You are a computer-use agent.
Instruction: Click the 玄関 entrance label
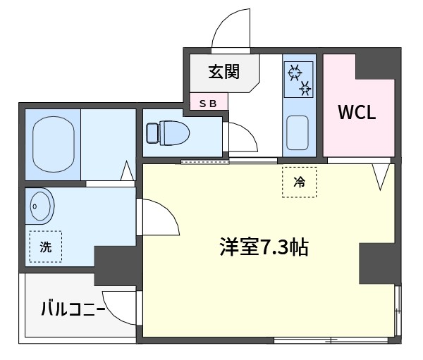224,72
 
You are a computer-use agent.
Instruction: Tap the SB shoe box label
208,104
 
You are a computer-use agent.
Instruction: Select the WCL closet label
357,112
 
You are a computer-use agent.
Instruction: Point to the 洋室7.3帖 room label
264,247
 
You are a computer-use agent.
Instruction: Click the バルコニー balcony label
73,309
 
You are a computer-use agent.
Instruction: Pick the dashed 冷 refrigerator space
299,182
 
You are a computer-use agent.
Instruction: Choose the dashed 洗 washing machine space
46,247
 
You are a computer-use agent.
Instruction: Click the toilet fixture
168,133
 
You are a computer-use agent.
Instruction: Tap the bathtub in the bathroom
54,144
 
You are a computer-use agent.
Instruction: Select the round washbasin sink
40,206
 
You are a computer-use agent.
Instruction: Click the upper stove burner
295,72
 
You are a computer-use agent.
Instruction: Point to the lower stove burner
305,88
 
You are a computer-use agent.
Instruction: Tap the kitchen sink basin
298,133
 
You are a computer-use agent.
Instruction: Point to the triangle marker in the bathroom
128,171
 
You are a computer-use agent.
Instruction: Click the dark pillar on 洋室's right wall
377,263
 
